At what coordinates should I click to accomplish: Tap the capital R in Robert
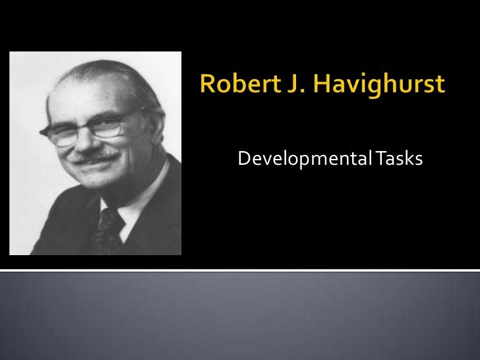[x=207, y=86]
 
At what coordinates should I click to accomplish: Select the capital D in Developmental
[x=243, y=159]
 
